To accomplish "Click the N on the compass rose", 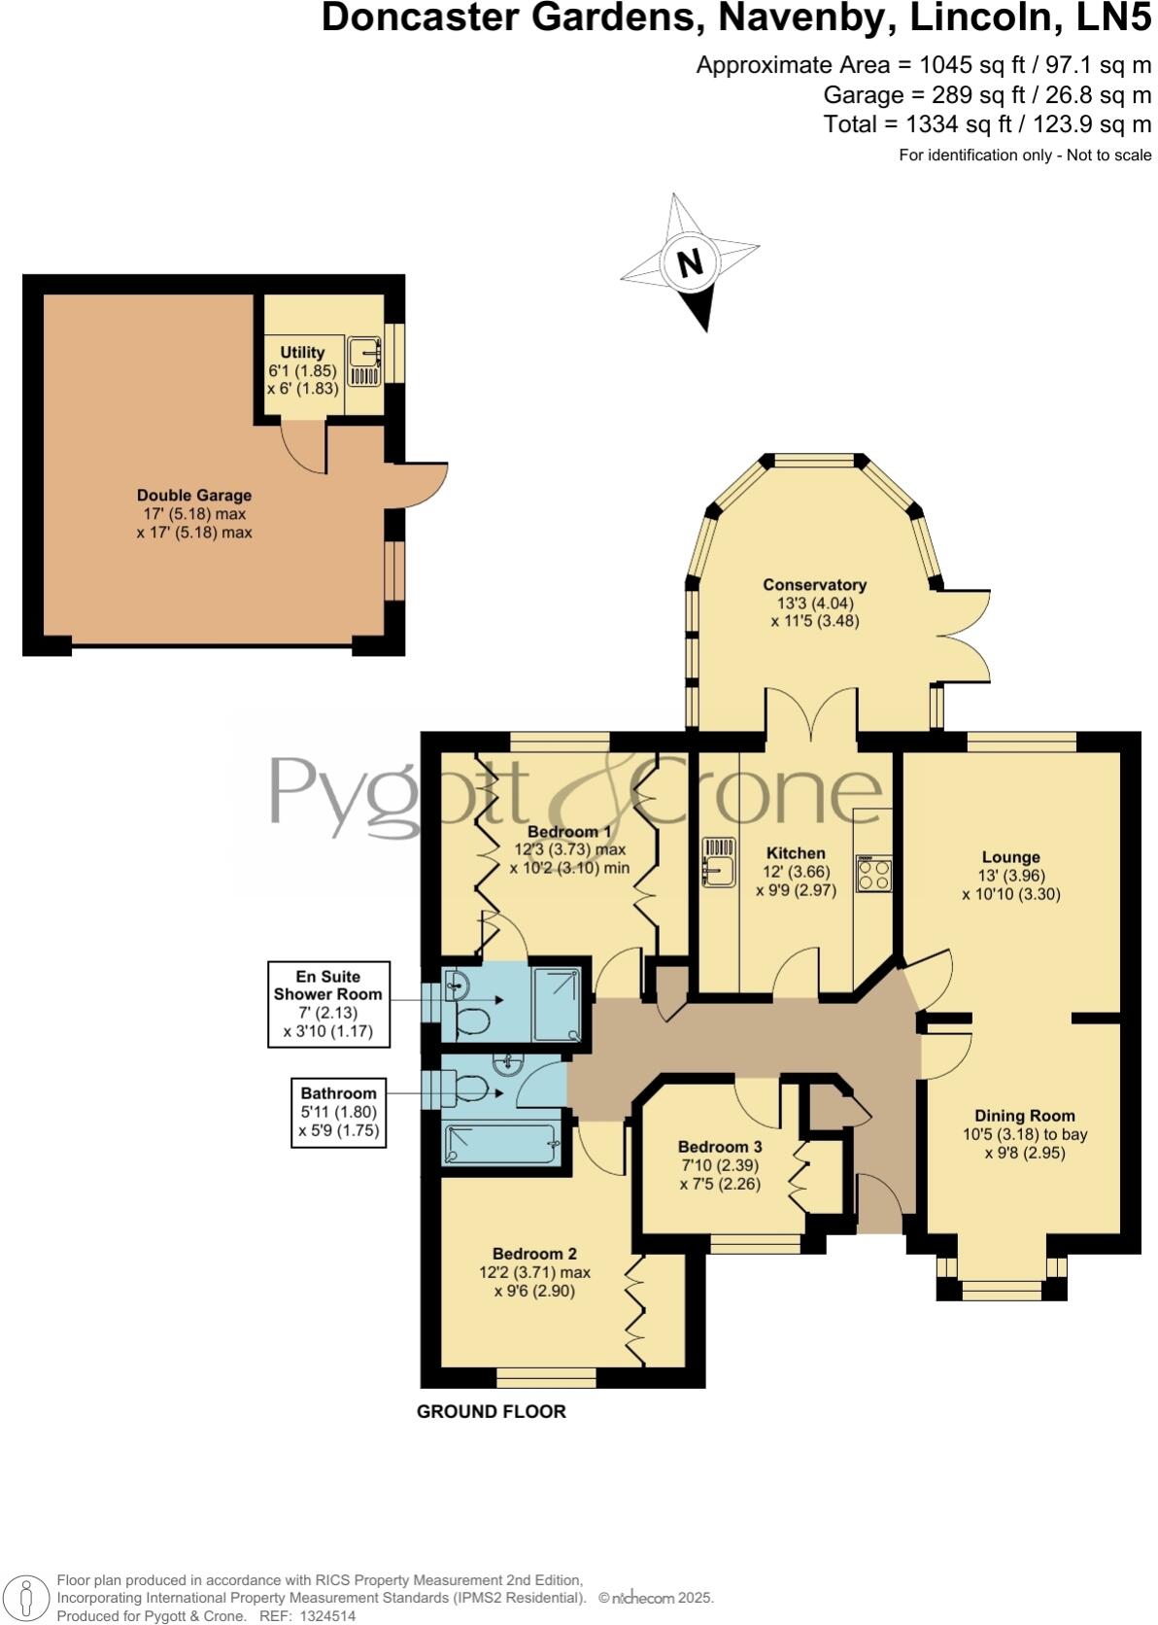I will pos(690,263).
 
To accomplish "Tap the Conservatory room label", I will pos(814,585).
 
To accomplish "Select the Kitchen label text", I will pos(796,853).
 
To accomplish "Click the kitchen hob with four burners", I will pos(873,873).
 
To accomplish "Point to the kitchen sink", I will pos(718,864).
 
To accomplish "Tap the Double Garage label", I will pos(194,496).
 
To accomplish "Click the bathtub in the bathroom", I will pos(500,1144).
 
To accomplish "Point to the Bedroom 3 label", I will pos(720,1147).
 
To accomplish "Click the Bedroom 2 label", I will pos(534,1254).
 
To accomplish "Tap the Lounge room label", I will pos(1010,857).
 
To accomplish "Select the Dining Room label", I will pos(1025,1116).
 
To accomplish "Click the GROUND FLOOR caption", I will pos(491,1411).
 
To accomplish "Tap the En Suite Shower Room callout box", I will pos(328,1004).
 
